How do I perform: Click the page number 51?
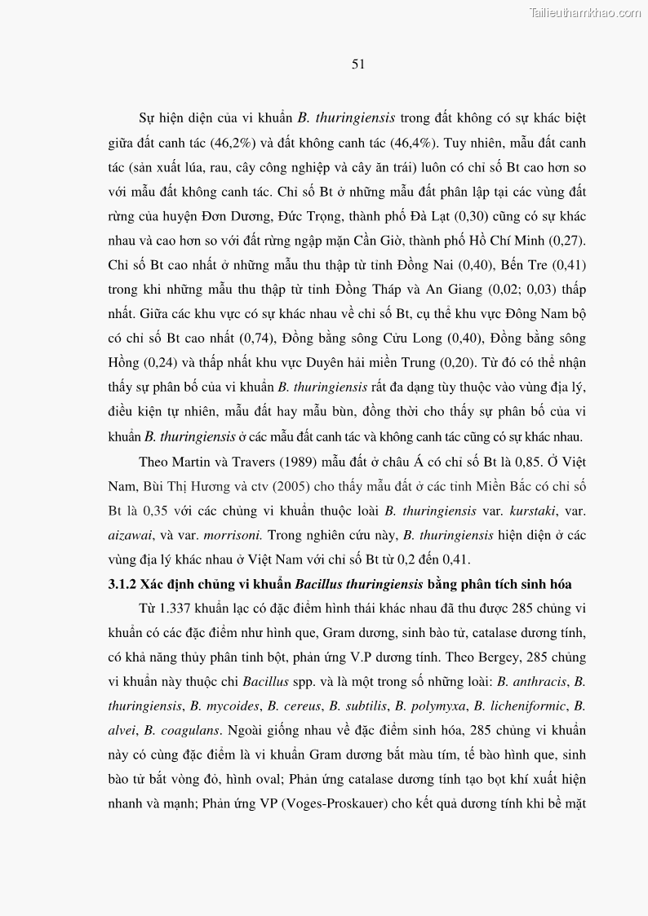(x=357, y=64)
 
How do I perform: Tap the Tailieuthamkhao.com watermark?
(x=585, y=12)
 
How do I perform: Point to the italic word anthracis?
(x=540, y=682)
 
